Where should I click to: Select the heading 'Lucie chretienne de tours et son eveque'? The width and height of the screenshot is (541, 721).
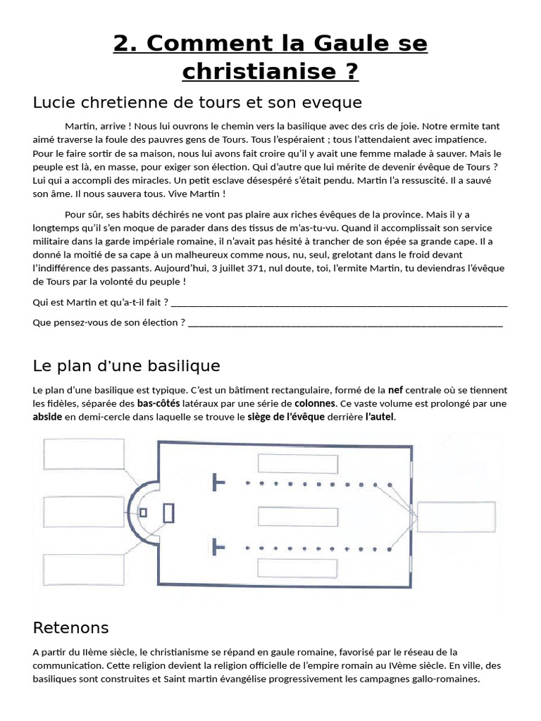[197, 103]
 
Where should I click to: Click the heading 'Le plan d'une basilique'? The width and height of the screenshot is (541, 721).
[127, 366]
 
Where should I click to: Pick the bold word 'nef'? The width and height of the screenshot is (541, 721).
[396, 390]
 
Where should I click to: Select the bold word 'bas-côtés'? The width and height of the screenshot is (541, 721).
[158, 403]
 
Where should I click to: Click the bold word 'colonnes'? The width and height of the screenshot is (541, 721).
[314, 403]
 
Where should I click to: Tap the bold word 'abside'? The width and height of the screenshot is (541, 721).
[47, 417]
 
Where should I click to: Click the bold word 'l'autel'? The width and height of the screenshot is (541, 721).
[380, 417]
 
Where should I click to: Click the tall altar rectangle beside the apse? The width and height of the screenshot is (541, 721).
[168, 513]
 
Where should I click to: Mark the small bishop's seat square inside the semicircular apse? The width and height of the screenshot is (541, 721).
[144, 513]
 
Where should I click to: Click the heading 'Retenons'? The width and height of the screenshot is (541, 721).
[71, 627]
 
